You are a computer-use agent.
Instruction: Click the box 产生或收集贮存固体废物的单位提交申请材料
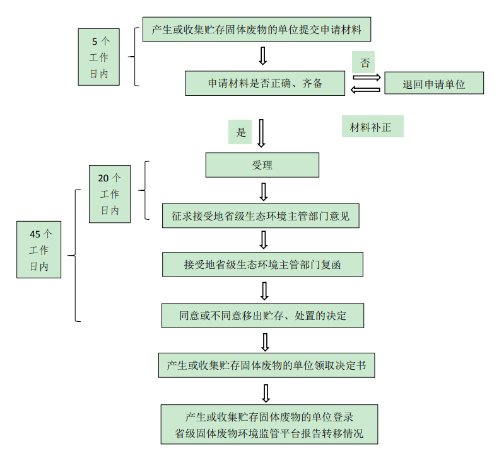(x=256, y=30)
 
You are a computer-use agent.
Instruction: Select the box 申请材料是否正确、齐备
(x=265, y=83)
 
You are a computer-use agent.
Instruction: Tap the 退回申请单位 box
(x=434, y=84)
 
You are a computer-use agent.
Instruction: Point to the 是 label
(x=240, y=132)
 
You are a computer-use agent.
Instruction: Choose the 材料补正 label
(x=372, y=127)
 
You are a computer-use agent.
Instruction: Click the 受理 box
(x=262, y=166)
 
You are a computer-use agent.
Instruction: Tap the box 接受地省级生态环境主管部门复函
(x=262, y=265)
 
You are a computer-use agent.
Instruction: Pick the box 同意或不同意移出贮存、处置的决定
(x=262, y=315)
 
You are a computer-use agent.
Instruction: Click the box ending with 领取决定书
(x=266, y=365)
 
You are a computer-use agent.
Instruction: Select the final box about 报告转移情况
(x=269, y=425)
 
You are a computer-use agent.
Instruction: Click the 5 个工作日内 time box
(x=99, y=57)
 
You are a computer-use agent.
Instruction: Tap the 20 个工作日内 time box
(x=110, y=194)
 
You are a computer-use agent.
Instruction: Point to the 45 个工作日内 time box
(x=39, y=249)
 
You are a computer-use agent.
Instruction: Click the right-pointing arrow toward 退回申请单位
(x=367, y=77)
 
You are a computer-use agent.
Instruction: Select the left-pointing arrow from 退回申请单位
(x=366, y=90)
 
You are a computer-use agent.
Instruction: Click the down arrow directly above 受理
(x=261, y=132)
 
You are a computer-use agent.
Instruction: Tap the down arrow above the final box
(x=266, y=393)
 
